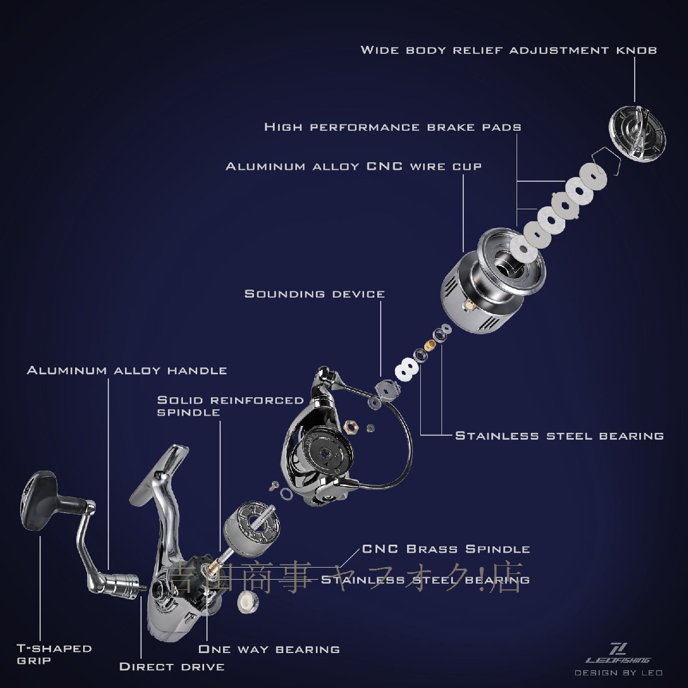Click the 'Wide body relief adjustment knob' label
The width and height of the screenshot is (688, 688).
tap(509, 50)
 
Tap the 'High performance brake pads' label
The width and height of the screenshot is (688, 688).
tap(393, 127)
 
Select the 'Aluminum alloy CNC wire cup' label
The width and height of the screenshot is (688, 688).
tap(354, 166)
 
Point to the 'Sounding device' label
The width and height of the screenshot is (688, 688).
tap(315, 294)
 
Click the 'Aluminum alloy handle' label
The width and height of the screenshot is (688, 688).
tap(127, 370)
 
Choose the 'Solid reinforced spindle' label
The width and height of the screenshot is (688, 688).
tap(230, 406)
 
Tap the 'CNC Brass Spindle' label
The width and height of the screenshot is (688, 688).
tap(446, 549)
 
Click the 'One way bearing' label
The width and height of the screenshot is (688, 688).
tap(269, 648)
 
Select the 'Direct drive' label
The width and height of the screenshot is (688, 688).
tap(172, 666)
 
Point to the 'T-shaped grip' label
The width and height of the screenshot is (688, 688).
tap(54, 654)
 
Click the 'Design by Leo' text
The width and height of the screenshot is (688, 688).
tap(619, 673)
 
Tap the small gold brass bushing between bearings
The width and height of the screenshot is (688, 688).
tap(430, 345)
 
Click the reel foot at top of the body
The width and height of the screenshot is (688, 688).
tap(159, 472)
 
